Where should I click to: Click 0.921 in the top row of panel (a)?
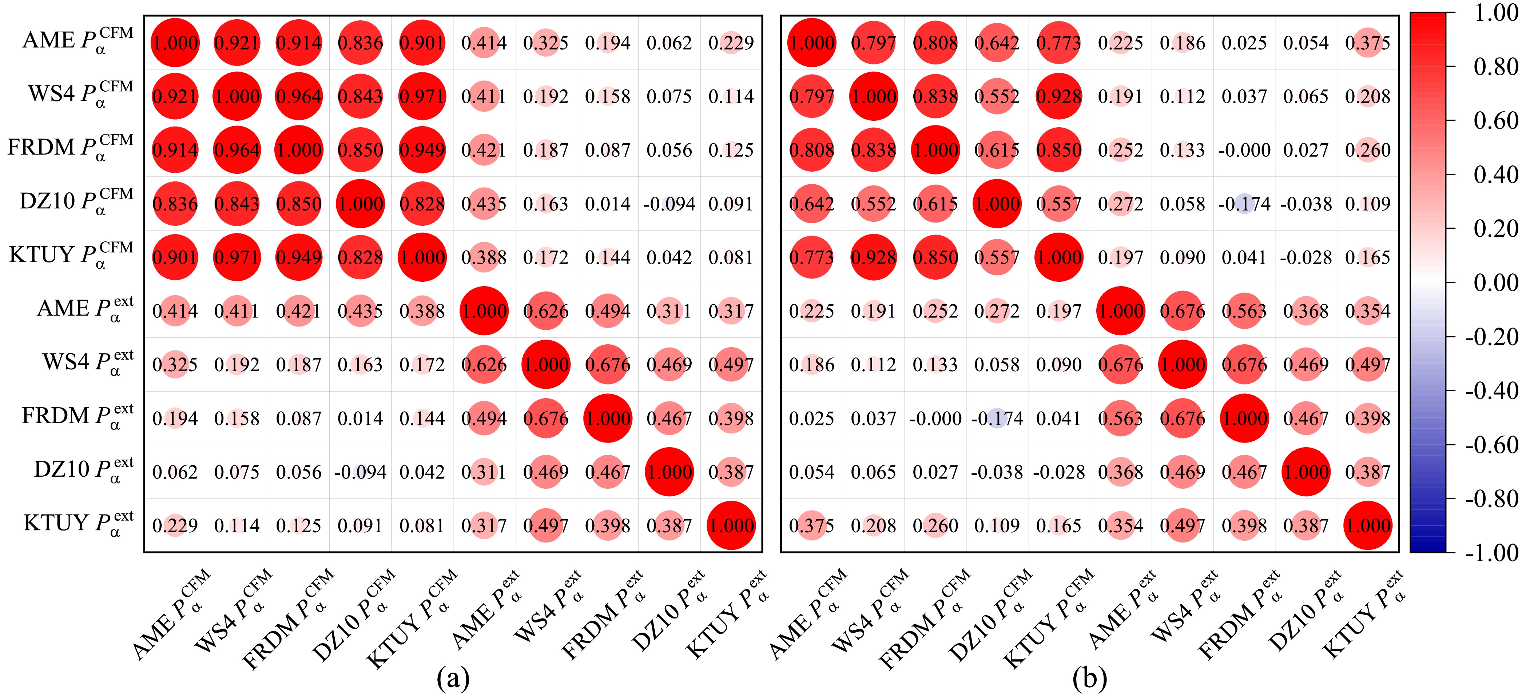point(237,43)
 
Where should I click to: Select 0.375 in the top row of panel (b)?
point(1368,43)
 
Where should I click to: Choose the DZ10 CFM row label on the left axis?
point(76,201)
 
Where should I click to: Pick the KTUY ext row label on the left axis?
point(78,524)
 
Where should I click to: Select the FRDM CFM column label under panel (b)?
point(924,619)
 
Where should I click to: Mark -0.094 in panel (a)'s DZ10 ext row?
point(360,472)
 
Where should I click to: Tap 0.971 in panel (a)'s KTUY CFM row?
point(237,257)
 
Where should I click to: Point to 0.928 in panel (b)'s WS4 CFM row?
point(1058,96)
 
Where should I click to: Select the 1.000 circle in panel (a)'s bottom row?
point(731,525)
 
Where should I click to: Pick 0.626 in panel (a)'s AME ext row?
point(545,311)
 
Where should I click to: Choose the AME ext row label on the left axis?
point(85,309)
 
